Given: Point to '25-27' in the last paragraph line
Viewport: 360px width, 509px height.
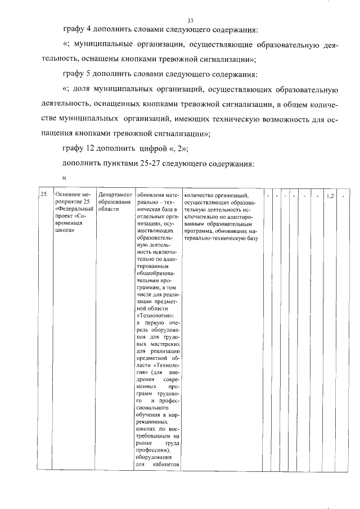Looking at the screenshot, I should click(x=152, y=164).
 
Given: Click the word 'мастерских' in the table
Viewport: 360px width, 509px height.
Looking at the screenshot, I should click(x=166, y=343).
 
